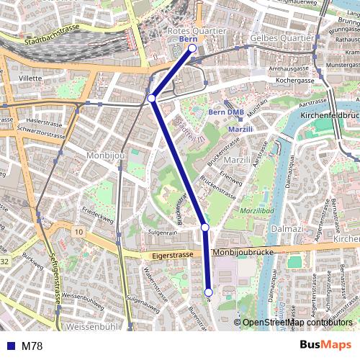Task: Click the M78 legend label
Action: pos(32,346)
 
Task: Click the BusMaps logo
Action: pos(325,346)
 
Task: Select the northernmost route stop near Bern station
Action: pos(192,48)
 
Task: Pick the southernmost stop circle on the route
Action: pos(209,292)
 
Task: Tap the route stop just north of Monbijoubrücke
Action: pos(205,228)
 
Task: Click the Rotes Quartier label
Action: pos(197,32)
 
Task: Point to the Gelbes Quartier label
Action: pos(282,37)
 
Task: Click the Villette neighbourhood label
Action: pos(30,77)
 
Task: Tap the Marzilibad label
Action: pos(258,210)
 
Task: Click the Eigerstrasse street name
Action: pos(173,255)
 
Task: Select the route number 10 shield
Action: pos(78,231)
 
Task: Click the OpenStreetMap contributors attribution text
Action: pos(298,323)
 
